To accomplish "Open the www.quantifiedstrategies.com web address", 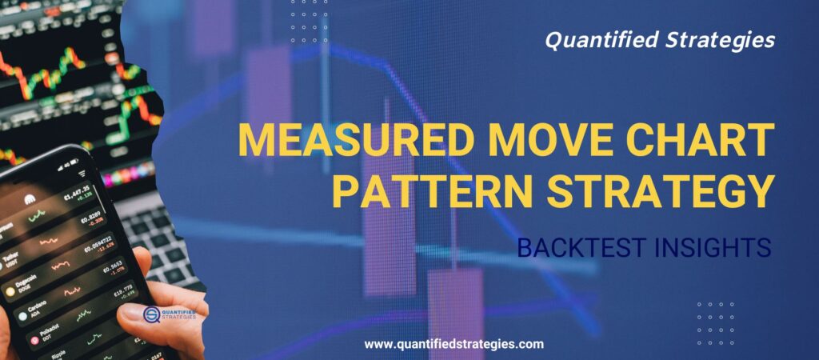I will point(454,344).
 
